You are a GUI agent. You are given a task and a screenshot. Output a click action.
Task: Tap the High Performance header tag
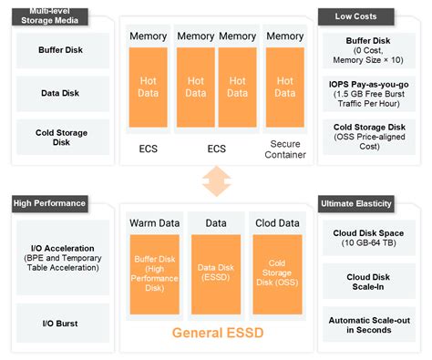50,203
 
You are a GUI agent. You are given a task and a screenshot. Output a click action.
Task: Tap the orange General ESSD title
216,334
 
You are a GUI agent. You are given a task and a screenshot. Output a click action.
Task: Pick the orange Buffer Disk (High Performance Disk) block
155,273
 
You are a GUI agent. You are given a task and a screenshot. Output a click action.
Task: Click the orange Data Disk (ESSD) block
216,273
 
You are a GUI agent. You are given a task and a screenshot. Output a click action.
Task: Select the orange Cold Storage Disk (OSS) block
276,273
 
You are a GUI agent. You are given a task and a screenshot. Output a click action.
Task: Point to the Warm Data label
155,222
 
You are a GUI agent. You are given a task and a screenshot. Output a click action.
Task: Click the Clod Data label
276,222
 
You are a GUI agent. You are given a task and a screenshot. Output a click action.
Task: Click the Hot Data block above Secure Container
285,87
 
